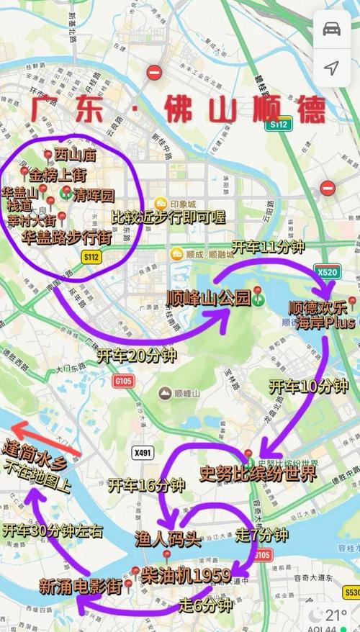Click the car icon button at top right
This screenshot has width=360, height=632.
coord(331,29)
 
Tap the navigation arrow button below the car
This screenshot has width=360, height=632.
coord(331,68)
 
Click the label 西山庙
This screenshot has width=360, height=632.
coord(76,154)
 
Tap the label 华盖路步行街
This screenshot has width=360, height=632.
coord(66,235)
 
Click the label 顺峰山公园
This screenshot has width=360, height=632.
coord(209,298)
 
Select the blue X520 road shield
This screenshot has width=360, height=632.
coord(325,272)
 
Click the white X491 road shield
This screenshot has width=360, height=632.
coord(143,452)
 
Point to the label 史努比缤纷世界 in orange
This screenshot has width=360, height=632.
coord(258,473)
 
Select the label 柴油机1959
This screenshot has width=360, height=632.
coord(186,574)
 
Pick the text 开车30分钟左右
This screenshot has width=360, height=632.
coord(53,531)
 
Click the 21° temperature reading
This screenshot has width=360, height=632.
coord(336,615)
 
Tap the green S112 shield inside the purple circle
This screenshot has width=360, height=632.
coord(91,256)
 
